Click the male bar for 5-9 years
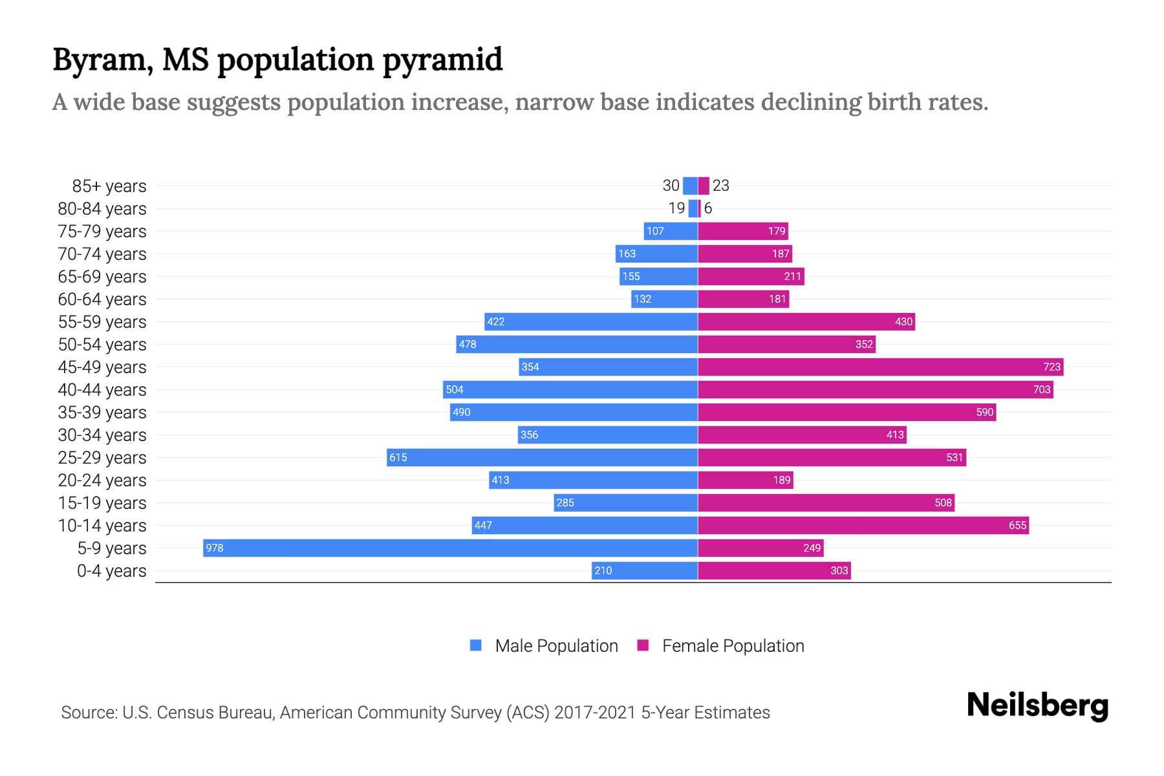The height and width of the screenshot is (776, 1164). [450, 548]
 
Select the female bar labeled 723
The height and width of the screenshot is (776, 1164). [880, 367]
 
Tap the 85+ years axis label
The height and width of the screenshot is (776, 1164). [109, 186]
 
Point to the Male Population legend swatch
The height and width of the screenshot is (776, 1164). [476, 645]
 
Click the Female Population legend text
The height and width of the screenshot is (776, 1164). [733, 646]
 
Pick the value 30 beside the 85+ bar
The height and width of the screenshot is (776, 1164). [671, 186]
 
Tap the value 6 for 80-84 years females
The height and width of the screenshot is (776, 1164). [708, 208]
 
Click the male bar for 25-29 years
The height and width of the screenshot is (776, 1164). [542, 457]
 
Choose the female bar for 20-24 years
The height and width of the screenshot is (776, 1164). [745, 480]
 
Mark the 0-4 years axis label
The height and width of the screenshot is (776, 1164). [111, 571]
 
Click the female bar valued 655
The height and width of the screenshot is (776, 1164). [863, 525]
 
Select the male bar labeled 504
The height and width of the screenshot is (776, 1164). [570, 389]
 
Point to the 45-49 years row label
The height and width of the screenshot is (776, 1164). [102, 367]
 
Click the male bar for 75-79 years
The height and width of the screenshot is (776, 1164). [671, 231]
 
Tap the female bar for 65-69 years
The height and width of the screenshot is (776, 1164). [751, 276]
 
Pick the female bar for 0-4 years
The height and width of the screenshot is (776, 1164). [774, 570]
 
